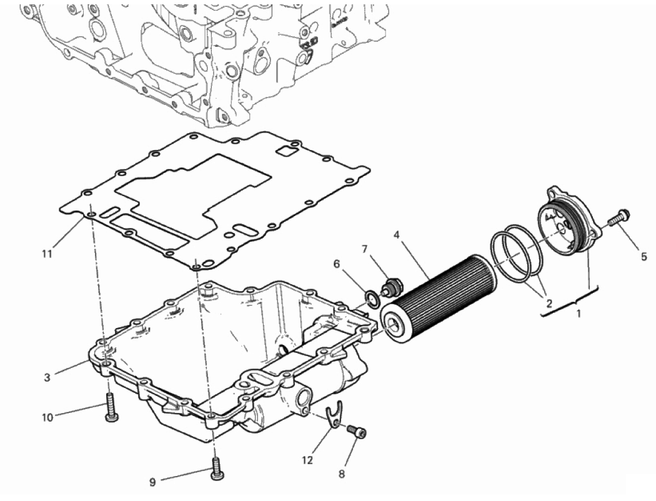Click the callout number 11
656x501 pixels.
[47, 254]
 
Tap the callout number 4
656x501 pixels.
[396, 235]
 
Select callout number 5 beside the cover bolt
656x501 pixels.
[644, 257]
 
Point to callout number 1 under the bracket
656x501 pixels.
[579, 313]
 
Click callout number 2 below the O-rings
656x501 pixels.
[549, 303]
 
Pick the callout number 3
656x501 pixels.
[47, 377]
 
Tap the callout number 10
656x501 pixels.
[47, 417]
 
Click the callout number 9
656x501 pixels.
[152, 483]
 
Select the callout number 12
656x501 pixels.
[307, 460]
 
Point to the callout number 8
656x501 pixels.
[342, 474]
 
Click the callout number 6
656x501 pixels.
[337, 264]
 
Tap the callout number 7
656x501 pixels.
[364, 250]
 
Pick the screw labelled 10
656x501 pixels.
[111, 407]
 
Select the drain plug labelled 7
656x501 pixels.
[390, 288]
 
